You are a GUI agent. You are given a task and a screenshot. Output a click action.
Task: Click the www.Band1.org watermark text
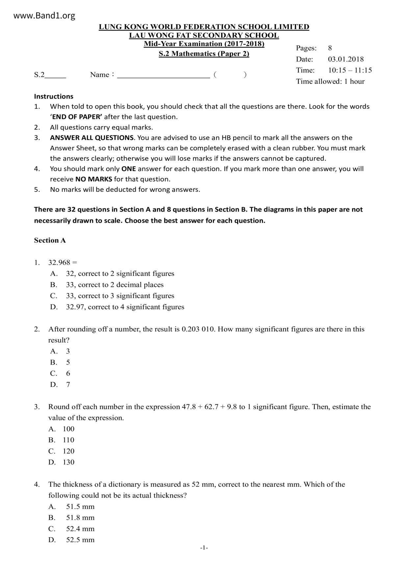tap(44, 15)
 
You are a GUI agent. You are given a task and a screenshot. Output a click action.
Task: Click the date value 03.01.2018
tap(346, 59)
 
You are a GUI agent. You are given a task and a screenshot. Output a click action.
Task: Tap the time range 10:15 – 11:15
tap(350, 70)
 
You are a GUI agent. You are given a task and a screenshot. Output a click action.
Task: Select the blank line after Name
tap(164, 75)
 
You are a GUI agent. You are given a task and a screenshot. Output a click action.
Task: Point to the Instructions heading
tap(54, 96)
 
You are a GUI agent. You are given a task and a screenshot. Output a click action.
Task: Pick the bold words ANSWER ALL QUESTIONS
tap(92, 138)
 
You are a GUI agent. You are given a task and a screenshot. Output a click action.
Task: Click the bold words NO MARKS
tap(94, 179)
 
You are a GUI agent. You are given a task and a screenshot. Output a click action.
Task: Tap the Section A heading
tap(50, 240)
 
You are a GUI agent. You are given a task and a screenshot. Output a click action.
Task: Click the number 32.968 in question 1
tap(59, 263)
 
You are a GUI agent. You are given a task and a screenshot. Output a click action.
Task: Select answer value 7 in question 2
tap(68, 385)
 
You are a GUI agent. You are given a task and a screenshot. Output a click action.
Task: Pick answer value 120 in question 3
tap(68, 451)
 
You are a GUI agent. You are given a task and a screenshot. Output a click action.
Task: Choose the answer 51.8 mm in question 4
tap(80, 517)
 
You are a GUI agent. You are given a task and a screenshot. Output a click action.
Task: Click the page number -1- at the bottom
tap(204, 548)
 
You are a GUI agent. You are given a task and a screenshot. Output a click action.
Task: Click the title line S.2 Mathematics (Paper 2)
tap(204, 54)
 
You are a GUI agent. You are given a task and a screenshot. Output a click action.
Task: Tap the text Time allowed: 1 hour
tap(330, 81)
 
